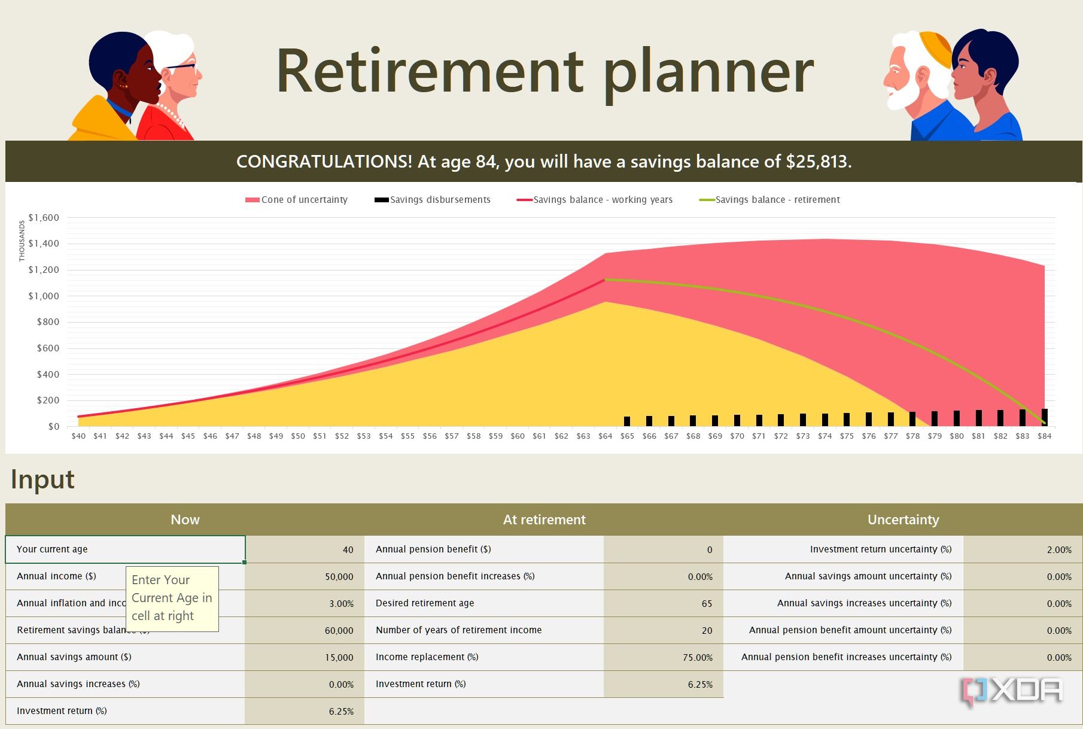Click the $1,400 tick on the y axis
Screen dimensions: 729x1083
pos(44,244)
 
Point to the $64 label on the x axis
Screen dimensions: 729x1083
pos(605,436)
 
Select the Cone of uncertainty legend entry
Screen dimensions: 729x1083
pos(296,200)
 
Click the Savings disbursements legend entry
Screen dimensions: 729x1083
pos(433,200)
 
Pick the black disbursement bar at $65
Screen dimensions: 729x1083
pos(627,421)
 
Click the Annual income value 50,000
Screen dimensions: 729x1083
pos(339,577)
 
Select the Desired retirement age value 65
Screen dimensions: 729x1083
pos(707,604)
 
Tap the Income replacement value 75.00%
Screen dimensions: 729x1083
pos(697,658)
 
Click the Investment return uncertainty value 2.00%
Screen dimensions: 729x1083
pos(1058,550)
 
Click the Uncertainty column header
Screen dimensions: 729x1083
pos(903,520)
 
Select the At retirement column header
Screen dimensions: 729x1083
pos(544,520)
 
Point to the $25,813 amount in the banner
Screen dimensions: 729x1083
pos(817,162)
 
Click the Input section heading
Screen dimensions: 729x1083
pos(42,479)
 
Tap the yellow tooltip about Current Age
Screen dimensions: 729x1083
pos(172,599)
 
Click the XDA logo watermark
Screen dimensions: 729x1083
pos(1011,692)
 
